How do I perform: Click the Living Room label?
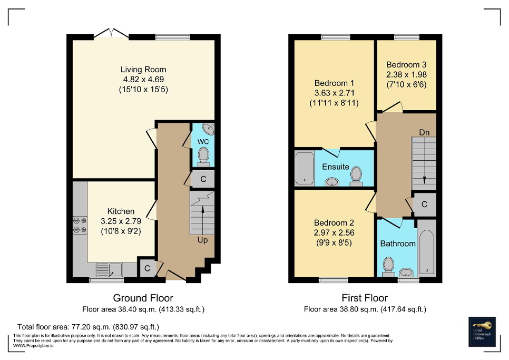[143, 70]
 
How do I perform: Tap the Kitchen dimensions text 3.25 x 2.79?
[121, 221]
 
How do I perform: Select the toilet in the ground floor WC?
[203, 155]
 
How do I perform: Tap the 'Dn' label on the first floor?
[424, 132]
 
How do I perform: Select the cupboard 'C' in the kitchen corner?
[148, 268]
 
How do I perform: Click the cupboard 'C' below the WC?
[203, 179]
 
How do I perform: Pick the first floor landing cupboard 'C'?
[425, 205]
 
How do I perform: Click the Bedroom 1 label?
[334, 83]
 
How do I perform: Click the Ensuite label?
[336, 167]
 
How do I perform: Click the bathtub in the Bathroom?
[427, 248]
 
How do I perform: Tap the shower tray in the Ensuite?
[304, 168]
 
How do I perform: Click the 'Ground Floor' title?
[143, 298]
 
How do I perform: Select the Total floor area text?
[88, 327]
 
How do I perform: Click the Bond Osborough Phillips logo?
[483, 332]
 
